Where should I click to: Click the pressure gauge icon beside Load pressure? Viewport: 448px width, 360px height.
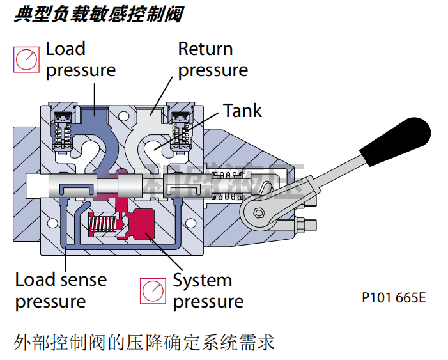pos(27,59)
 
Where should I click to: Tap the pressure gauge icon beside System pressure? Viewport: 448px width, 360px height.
pos(153,291)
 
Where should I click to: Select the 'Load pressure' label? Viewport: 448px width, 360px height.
pos(81,59)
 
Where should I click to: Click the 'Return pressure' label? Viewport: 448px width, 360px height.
pos(213,59)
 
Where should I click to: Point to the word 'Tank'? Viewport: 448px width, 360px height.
pos(242,111)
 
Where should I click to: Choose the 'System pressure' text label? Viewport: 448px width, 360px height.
pos(208,291)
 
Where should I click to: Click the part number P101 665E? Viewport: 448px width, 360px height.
pos(393,297)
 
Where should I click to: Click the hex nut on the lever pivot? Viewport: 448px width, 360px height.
pos(258,214)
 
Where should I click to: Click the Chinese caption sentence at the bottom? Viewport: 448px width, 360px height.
pos(144,343)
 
